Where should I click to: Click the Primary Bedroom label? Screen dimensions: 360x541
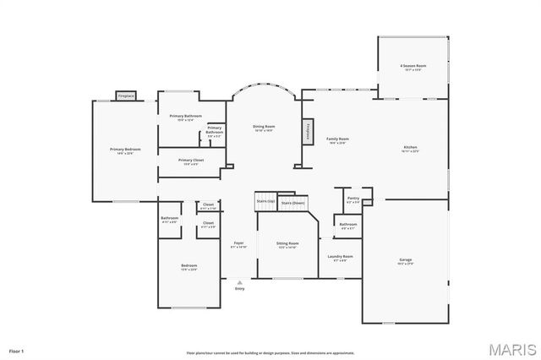coord(125,150)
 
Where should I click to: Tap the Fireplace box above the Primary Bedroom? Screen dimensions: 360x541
coord(126,95)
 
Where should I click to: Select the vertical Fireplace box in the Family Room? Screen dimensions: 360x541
coord(308,131)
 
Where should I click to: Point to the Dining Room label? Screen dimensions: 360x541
coord(263,128)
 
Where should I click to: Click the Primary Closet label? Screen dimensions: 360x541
coord(190,161)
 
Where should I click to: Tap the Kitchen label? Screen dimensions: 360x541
coord(410,149)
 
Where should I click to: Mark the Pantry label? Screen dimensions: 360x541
coord(352,200)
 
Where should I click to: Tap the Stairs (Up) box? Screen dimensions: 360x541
coord(266,201)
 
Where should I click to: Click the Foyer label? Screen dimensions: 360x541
coord(238,244)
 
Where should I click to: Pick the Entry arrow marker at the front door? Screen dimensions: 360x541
coord(239,282)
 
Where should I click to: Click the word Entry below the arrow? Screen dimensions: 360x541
coord(239,289)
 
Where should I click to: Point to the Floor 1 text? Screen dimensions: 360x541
coord(17,349)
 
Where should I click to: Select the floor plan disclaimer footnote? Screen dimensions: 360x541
coord(270,352)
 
